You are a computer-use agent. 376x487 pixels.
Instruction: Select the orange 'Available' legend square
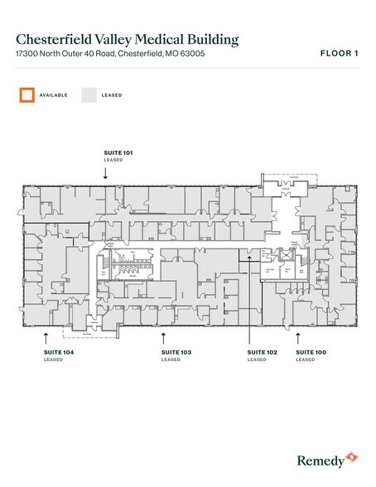point(27,95)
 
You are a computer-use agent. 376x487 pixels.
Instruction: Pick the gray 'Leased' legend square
point(89,95)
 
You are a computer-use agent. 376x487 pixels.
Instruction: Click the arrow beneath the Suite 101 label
point(106,172)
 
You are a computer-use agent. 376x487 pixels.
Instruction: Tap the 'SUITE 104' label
point(59,354)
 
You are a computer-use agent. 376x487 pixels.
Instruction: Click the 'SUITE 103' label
point(176,354)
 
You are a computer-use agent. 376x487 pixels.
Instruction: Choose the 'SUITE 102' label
point(263,354)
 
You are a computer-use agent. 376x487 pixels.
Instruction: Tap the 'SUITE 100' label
point(311,354)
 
